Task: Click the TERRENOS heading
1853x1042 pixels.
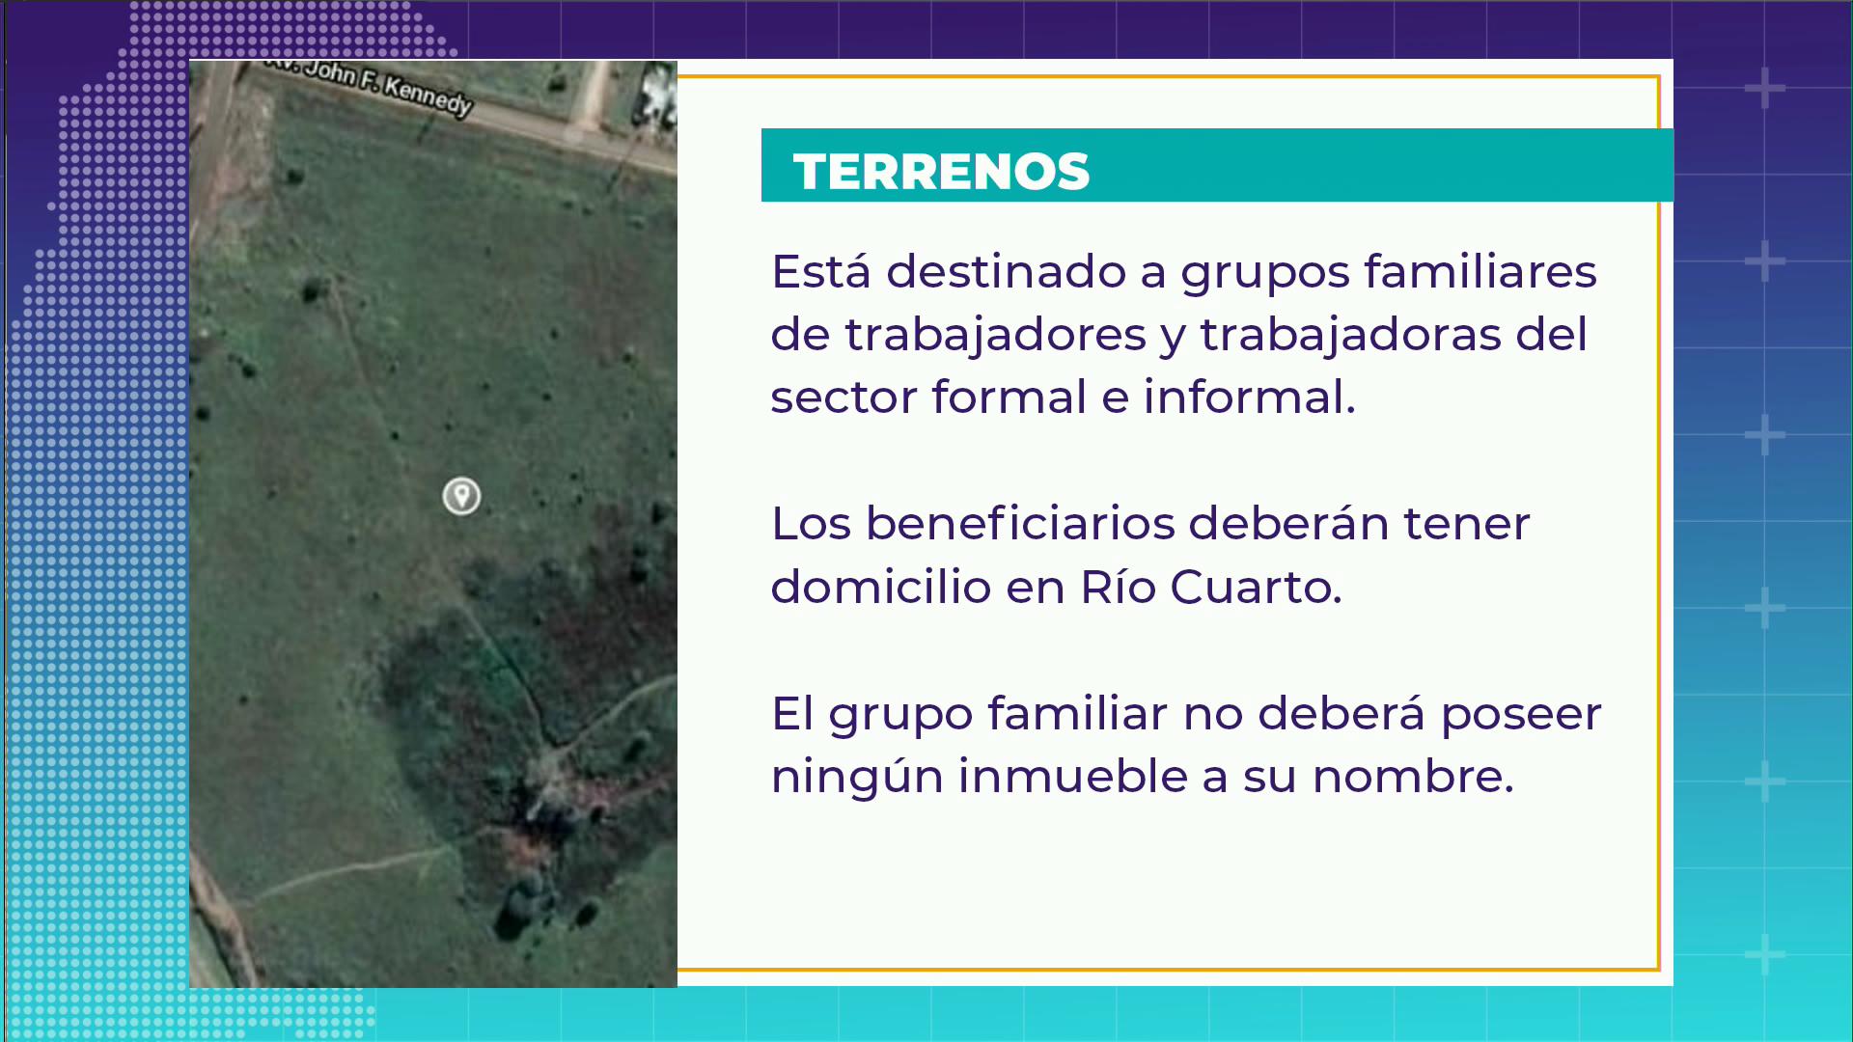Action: click(941, 172)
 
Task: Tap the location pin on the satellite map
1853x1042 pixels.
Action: click(461, 496)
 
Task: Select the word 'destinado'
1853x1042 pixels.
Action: click(1006, 271)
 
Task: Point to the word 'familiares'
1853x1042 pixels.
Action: click(1480, 271)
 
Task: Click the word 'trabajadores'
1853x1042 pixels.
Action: click(996, 335)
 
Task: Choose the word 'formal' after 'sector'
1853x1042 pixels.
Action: click(1009, 397)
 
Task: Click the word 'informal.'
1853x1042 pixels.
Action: click(1250, 397)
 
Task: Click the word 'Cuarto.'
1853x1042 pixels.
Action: click(1256, 587)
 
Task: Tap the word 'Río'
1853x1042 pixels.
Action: click(1119, 587)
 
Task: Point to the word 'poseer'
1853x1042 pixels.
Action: click(1521, 715)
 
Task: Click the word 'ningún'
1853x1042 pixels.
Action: click(857, 777)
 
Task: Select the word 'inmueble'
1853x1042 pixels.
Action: click(1073, 777)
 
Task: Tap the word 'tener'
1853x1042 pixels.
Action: click(1467, 524)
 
